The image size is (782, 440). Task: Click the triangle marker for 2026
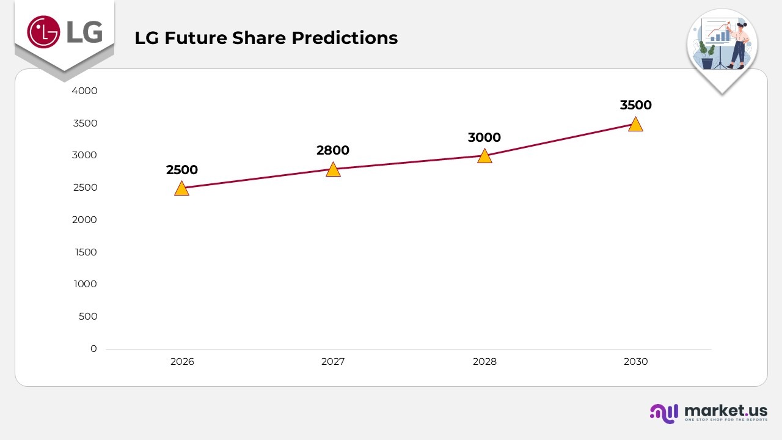coord(181,188)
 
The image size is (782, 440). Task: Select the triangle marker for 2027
coord(333,169)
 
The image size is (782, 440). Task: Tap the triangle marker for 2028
coord(484,156)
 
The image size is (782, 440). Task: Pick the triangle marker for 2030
coord(635,124)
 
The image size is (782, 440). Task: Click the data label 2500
coord(182,170)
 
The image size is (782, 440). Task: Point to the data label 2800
coord(333,150)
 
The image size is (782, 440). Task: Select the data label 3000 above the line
coord(484,137)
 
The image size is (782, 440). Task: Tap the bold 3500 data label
coord(635,105)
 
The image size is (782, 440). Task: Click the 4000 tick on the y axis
coord(85,91)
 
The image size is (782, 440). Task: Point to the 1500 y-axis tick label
coord(85,252)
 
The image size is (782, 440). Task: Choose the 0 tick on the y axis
coord(93,348)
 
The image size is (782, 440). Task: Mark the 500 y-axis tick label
coord(88,317)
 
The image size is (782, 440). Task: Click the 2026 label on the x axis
coord(182,362)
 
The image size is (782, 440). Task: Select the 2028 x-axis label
coord(484,362)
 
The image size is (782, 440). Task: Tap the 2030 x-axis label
coord(635,362)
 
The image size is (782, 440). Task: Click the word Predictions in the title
coord(345,38)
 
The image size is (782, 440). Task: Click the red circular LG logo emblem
coord(43,32)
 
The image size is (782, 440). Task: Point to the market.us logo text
coord(726,410)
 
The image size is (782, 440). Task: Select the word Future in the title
coord(195,38)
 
